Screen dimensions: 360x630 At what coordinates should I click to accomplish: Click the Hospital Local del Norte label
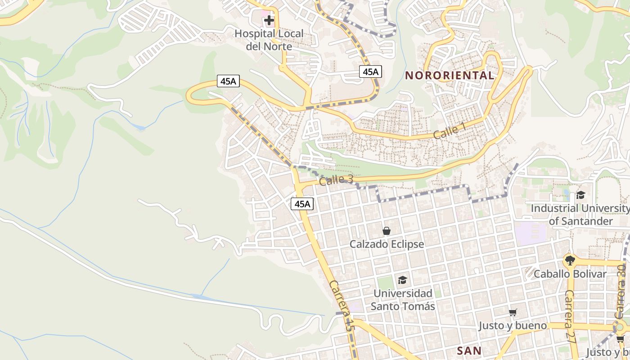click(269, 40)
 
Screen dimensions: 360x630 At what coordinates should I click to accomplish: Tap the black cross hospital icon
click(269, 20)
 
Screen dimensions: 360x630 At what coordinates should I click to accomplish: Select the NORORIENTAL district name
click(450, 75)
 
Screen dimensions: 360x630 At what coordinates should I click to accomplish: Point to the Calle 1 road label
click(450, 131)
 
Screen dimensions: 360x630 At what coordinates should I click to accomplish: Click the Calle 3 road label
click(336, 180)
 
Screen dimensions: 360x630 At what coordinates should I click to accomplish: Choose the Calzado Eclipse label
click(387, 244)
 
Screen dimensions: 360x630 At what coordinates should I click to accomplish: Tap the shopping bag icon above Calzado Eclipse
click(386, 231)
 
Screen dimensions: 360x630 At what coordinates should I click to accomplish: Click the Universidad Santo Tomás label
click(404, 300)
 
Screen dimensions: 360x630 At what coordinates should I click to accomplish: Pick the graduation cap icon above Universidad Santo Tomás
click(402, 280)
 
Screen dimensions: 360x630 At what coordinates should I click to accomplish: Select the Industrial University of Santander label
click(580, 215)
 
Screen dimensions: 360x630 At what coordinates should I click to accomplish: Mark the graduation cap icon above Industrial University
click(580, 195)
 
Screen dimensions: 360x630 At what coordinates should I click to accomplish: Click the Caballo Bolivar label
click(570, 274)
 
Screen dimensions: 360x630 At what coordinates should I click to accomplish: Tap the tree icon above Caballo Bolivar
click(570, 260)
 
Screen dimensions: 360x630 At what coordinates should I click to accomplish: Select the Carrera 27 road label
click(571, 317)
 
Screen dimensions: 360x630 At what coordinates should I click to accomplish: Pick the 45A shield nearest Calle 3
click(302, 204)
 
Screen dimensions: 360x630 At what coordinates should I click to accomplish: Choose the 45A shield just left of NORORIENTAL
click(370, 72)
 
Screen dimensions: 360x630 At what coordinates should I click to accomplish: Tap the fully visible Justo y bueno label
click(513, 325)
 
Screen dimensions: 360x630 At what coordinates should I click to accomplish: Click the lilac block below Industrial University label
click(531, 233)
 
